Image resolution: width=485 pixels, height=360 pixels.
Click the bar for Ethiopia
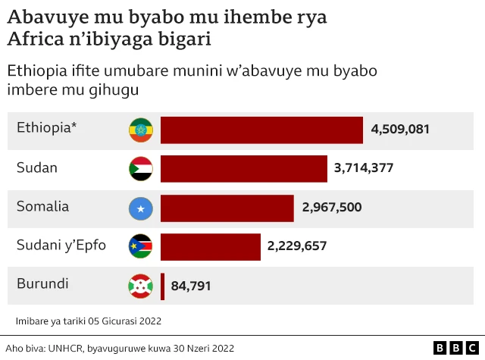pos(261,130)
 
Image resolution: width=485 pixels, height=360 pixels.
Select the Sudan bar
pos(243,168)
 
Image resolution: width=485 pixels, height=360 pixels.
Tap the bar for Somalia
pos(227,208)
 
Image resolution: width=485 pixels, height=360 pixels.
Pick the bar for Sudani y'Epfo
pos(210,246)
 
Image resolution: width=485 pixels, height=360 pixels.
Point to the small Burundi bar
pos(163,286)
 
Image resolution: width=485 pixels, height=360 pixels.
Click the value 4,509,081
pos(400,130)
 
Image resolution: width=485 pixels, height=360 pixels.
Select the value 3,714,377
pos(364,168)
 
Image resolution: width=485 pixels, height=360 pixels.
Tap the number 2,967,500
pos(332,208)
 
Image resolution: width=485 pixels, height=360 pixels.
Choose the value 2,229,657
pos(297,246)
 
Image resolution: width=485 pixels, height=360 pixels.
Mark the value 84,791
pos(191,286)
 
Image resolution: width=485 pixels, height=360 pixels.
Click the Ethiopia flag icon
pos(141,130)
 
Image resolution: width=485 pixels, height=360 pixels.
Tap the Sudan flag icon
pos(141,168)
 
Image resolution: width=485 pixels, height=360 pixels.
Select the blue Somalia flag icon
pos(141,208)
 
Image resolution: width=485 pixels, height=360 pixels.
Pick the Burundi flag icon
pos(141,286)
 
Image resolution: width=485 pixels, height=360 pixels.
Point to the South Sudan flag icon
pos(141,246)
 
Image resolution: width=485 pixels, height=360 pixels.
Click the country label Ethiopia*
pos(47,127)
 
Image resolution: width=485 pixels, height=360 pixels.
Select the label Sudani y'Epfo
pos(61,245)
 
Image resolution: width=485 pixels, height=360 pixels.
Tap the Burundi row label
pos(42,284)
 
